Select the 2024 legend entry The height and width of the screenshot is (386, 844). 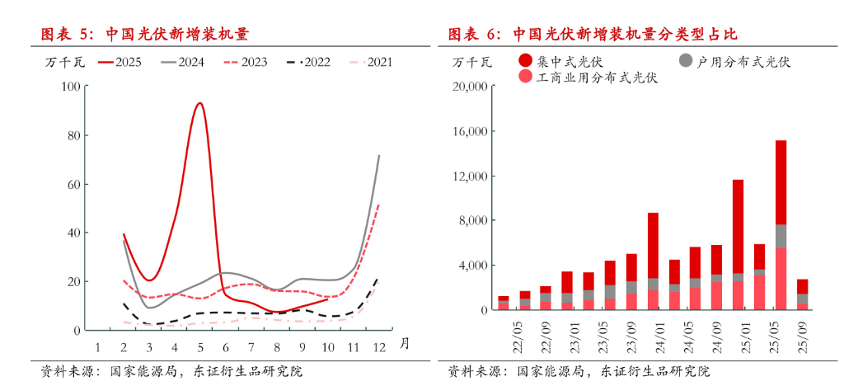pyautogui.click(x=183, y=62)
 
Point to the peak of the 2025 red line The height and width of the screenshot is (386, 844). pyautogui.click(x=199, y=103)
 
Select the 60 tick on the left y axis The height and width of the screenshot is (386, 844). pyautogui.click(x=73, y=184)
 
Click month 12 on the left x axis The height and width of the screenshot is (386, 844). pyautogui.click(x=378, y=346)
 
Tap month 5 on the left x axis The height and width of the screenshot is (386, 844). pyautogui.click(x=199, y=346)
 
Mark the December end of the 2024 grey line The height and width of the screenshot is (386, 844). pyautogui.click(x=379, y=155)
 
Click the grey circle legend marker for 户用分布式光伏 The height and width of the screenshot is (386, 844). pyautogui.click(x=686, y=60)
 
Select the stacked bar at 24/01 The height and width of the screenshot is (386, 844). pyautogui.click(x=653, y=261)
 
